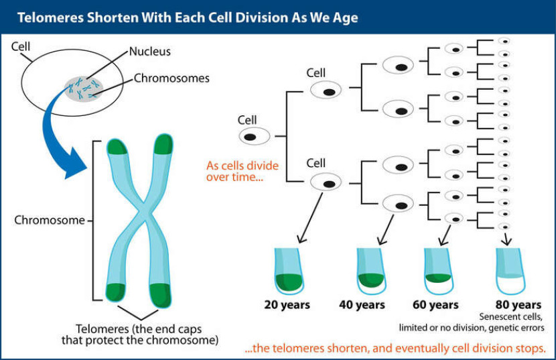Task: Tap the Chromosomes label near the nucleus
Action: coord(171,78)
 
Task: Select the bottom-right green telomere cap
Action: coord(161,293)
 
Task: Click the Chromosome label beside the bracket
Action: coord(50,220)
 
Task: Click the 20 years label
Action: coord(287,305)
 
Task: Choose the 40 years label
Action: coord(362,305)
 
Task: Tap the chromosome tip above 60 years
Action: coord(439,268)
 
